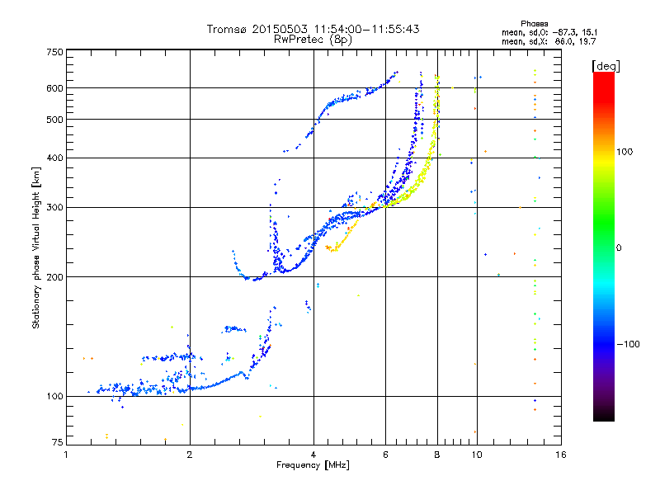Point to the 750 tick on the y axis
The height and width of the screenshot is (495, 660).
54,52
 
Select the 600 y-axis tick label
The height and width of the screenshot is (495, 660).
54,88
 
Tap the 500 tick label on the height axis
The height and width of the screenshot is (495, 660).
54,120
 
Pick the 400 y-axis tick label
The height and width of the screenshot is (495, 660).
54,158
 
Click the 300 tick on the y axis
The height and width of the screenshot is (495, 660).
54,208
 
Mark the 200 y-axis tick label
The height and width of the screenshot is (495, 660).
54,277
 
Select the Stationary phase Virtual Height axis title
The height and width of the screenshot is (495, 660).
36,247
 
